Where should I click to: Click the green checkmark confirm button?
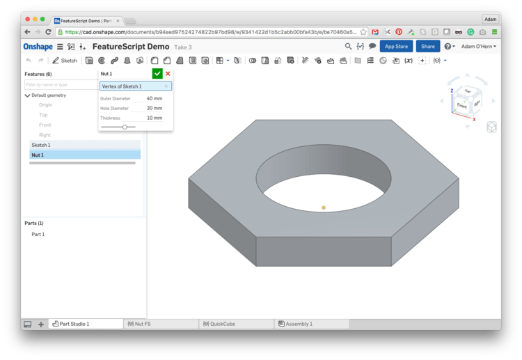157,74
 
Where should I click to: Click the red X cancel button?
168,74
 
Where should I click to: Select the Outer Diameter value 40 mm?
154,98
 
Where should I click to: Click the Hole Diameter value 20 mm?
154,108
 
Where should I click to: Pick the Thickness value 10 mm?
154,118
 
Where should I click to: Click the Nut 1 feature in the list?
38,155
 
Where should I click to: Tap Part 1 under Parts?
38,234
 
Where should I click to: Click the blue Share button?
427,47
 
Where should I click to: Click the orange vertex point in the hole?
324,208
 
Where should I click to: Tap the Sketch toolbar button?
65,61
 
